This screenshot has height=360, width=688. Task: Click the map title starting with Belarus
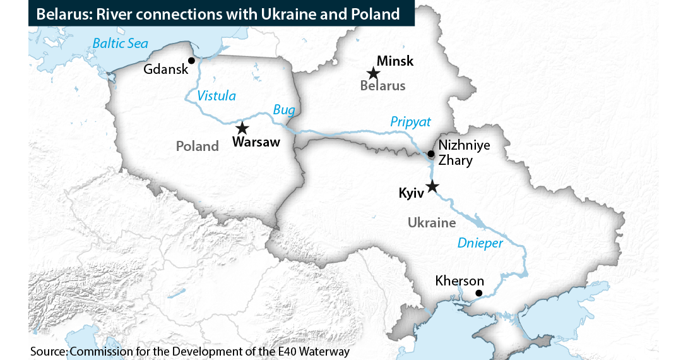pos(218,14)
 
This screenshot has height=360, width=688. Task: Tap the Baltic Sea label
pos(120,44)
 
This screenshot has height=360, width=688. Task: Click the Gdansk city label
pos(166,69)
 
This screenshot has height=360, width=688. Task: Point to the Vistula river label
pos(216,96)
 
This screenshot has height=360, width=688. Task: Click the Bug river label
pos(284,110)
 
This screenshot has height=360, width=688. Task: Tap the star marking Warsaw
pos(242,128)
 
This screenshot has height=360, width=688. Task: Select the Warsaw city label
pos(256,142)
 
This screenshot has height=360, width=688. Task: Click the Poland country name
pos(197,147)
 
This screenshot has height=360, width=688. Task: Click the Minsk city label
pos(395,61)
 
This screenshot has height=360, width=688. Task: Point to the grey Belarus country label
pos(383,86)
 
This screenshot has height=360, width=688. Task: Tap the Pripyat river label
pos(410,122)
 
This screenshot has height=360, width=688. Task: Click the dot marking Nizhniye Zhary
pos(430,153)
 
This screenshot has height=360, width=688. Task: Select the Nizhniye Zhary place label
pos(464,152)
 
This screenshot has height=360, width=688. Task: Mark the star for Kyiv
pos(432,186)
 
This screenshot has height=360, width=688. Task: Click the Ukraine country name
pos(432,222)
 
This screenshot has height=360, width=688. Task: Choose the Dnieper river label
pos(481,243)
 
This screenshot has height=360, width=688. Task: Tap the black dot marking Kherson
pos(478,293)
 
